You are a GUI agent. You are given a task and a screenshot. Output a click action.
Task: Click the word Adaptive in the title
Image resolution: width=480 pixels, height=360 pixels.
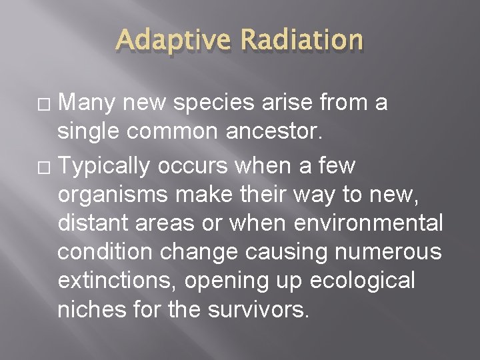point(172,41)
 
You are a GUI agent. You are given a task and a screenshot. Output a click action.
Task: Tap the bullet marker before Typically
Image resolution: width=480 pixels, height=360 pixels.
point(46,166)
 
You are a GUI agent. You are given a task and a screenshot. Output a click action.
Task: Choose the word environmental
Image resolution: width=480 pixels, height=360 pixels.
point(372,224)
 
